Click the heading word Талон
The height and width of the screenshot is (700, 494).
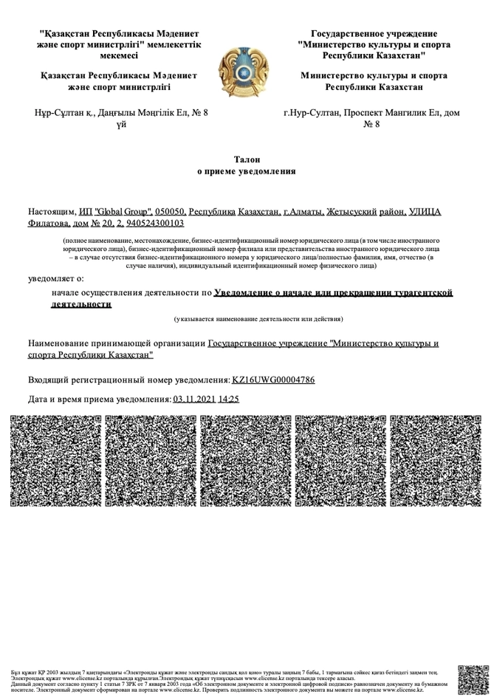[247, 159]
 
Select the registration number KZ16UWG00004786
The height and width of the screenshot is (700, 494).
[273, 380]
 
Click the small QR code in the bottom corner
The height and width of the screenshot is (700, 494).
[473, 680]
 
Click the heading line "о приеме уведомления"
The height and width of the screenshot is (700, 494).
[247, 171]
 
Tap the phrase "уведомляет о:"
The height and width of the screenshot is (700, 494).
[56, 278]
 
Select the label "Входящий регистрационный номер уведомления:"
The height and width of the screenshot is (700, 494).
[129, 380]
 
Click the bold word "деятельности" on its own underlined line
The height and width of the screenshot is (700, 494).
[81, 304]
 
